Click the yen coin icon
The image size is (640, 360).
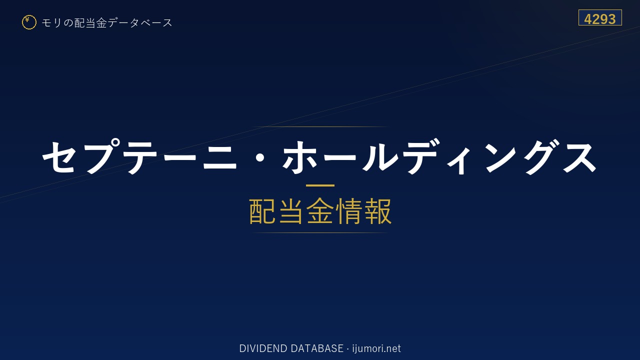pyautogui.click(x=29, y=22)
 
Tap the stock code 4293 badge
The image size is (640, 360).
pyautogui.click(x=600, y=17)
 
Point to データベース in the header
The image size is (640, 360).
pyautogui.click(x=140, y=23)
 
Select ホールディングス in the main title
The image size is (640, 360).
pyautogui.click(x=439, y=156)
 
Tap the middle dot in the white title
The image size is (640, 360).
pyautogui.click(x=260, y=157)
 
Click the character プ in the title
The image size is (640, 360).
pyautogui.click(x=101, y=156)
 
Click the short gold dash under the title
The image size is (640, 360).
pyautogui.click(x=320, y=185)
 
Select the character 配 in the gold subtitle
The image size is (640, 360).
pyautogui.click(x=262, y=211)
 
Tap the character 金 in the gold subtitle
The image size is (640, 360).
pyautogui.click(x=320, y=211)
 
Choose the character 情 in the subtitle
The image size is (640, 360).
pyautogui.click(x=349, y=211)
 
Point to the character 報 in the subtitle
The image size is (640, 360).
pyautogui.click(x=377, y=211)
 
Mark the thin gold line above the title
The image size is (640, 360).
pyautogui.click(x=320, y=126)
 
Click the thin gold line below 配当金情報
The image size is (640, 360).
pyautogui.click(x=320, y=233)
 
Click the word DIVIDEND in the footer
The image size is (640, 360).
pyautogui.click(x=263, y=348)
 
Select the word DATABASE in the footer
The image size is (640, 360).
pyautogui.click(x=317, y=348)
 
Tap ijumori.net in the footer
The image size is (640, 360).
pyautogui.click(x=376, y=348)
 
